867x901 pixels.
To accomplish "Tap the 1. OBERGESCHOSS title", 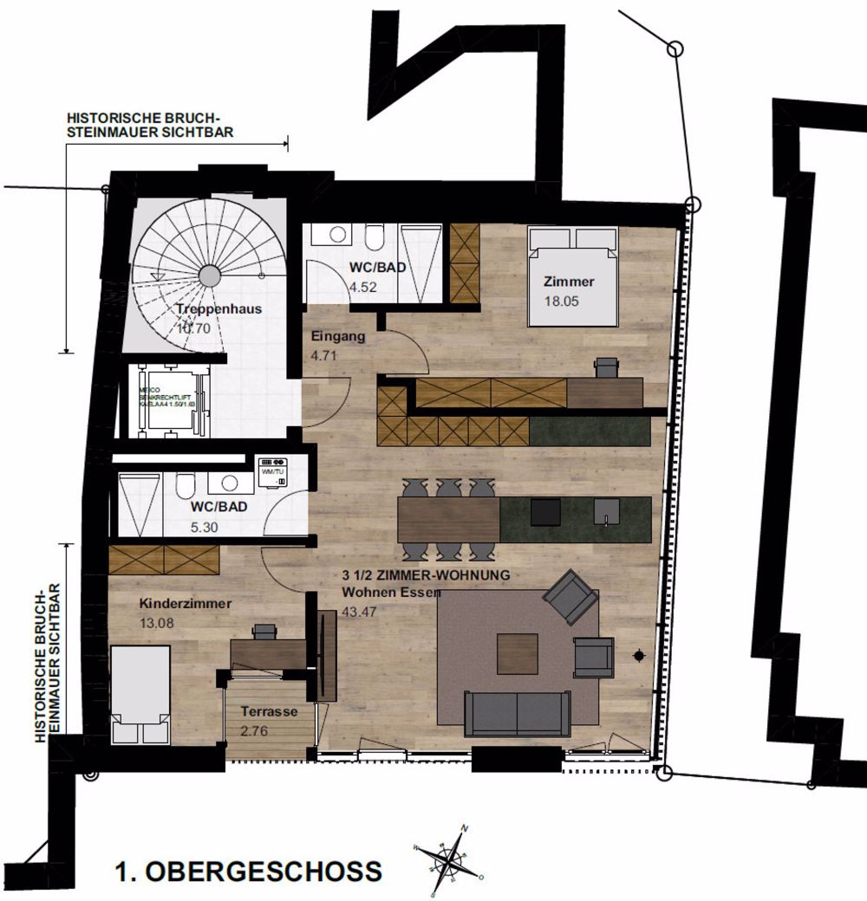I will [x=248, y=871].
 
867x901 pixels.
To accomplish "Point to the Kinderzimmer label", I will [x=185, y=604].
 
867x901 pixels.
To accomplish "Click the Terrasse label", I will [x=270, y=711].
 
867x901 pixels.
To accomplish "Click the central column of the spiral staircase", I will [x=210, y=275].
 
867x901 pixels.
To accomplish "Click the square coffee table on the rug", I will [x=518, y=654].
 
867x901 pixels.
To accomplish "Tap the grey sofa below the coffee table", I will [x=518, y=713].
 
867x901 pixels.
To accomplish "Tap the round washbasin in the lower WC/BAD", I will [x=230, y=484].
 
